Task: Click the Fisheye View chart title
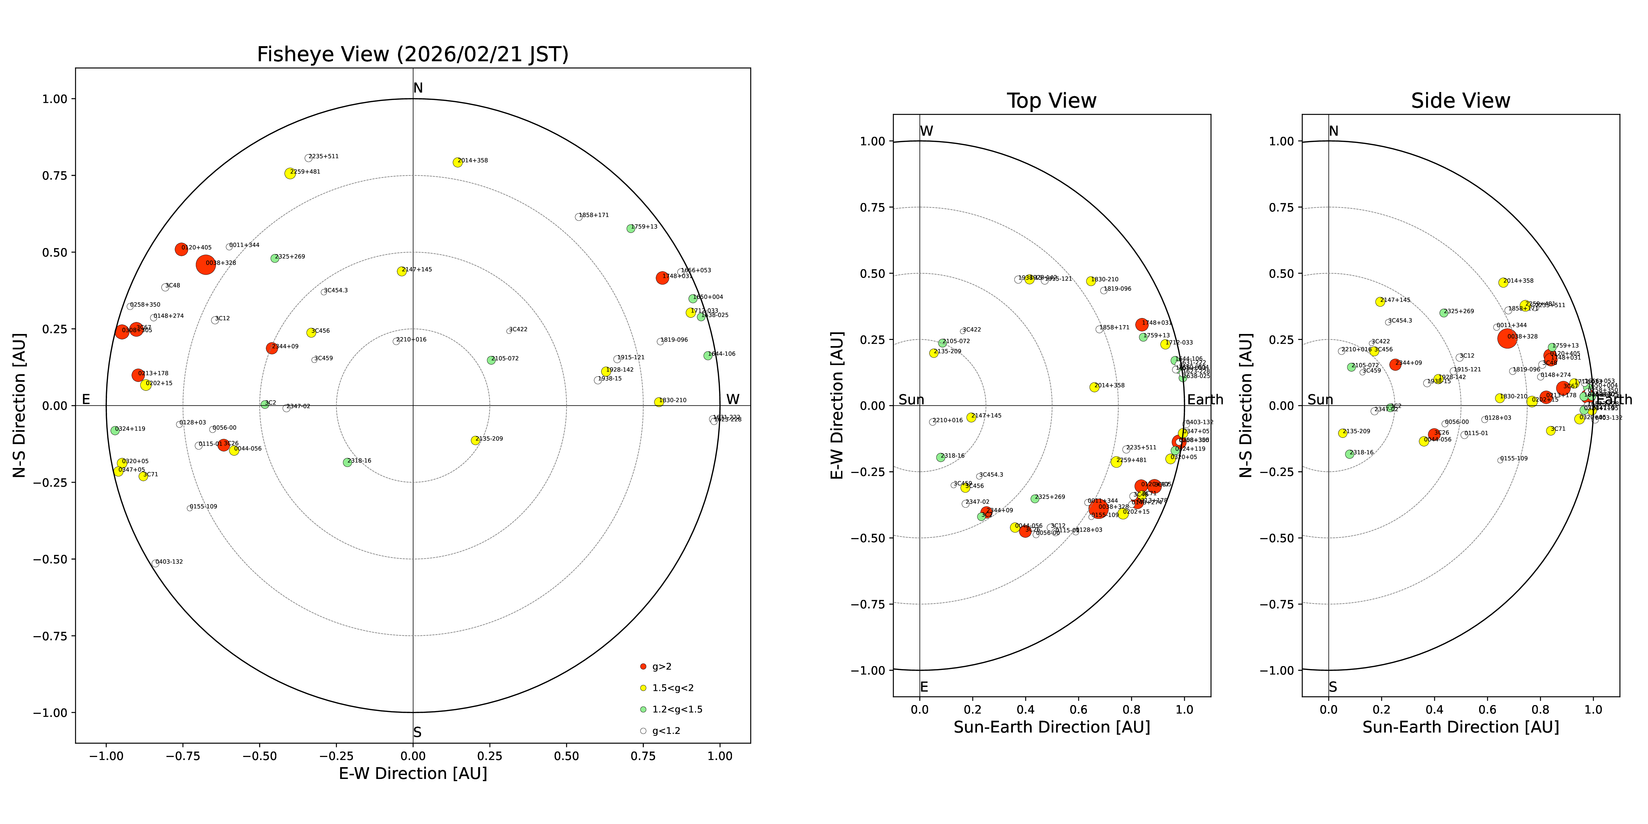[413, 54]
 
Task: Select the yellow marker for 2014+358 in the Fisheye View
[457, 163]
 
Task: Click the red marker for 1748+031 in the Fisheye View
[662, 278]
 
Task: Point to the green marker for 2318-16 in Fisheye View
[347, 462]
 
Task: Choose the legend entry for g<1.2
[665, 731]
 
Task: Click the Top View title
[1051, 101]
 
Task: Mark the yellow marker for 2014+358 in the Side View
[1504, 282]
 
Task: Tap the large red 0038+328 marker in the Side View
[1507, 338]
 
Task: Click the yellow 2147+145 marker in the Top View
[971, 417]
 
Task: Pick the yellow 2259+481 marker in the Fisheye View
[290, 173]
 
